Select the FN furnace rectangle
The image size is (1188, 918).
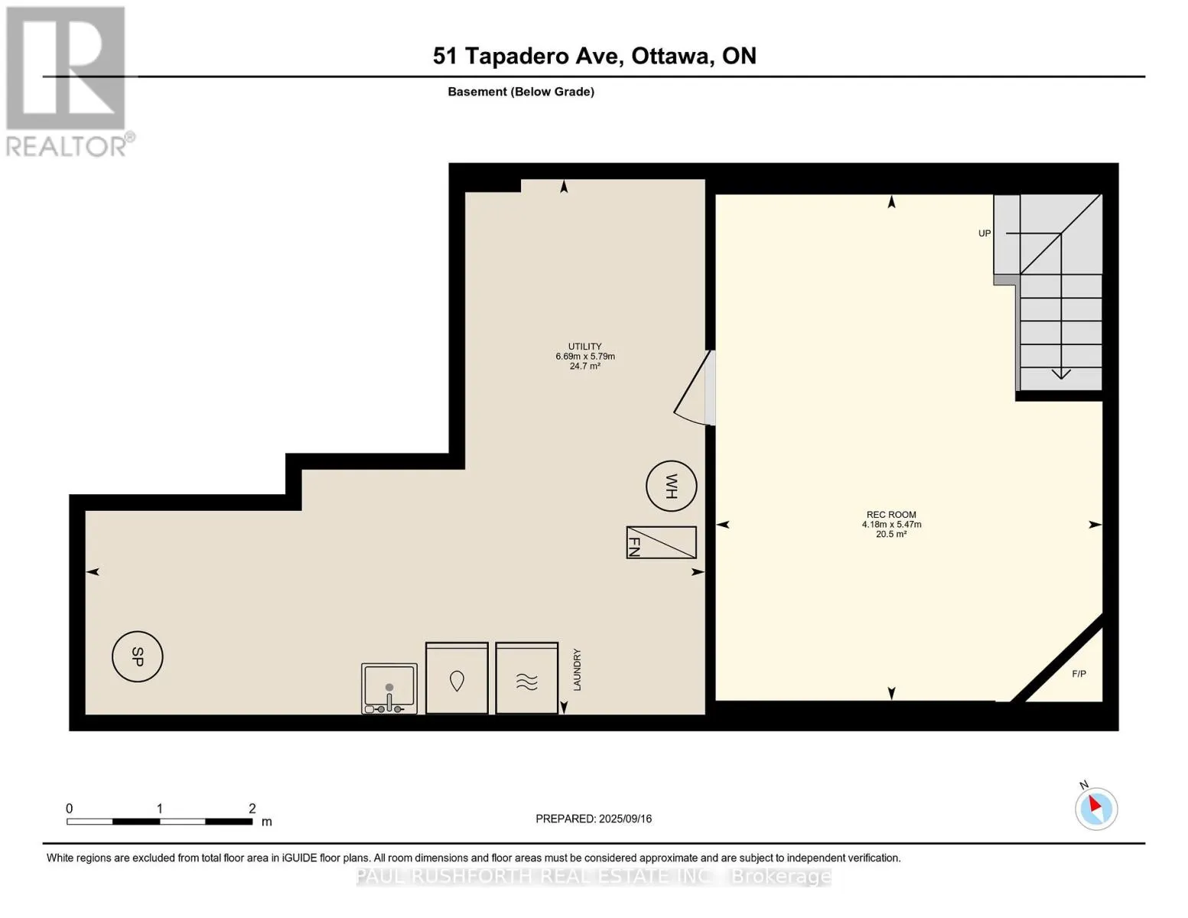coord(661,542)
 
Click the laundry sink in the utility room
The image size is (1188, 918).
coord(389,688)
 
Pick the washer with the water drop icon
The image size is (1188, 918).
coord(457,678)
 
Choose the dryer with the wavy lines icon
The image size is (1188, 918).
coord(526,678)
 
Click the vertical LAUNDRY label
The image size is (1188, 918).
coord(577,670)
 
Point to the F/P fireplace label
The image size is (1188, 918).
coord(1079,674)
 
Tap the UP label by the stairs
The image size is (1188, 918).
coord(984,233)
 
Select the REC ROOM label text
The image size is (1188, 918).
coord(891,515)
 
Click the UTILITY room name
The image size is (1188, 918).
coord(584,347)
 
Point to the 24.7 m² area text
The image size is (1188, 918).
coord(584,366)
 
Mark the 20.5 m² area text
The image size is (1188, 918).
coord(891,534)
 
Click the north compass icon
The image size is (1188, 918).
coord(1095,809)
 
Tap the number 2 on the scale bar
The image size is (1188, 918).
coord(252,808)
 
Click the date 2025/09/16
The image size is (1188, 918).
coord(625,819)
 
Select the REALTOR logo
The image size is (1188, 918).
coord(68,82)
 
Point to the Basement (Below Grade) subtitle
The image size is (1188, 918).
coord(520,92)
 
